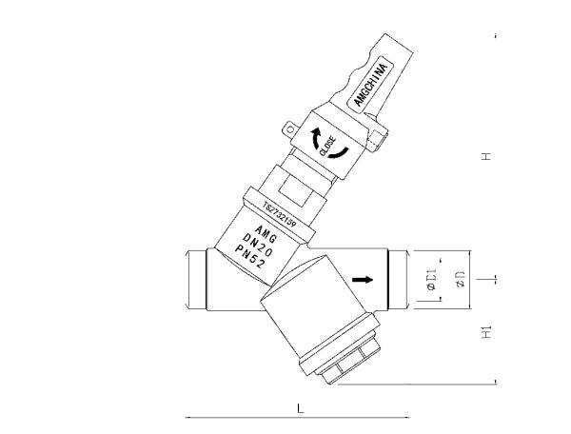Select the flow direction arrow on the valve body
pyautogui.click(x=363, y=280)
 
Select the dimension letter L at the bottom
pyautogui.click(x=301, y=408)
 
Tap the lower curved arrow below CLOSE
pyautogui.click(x=340, y=154)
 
